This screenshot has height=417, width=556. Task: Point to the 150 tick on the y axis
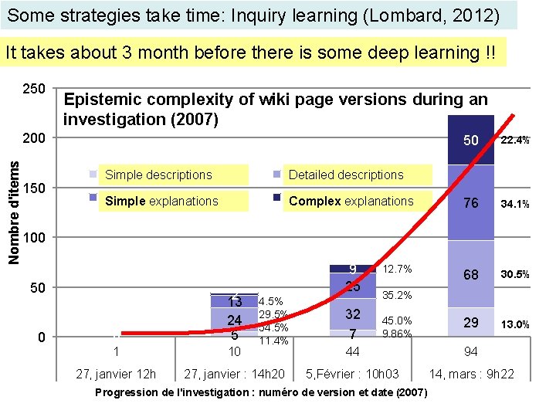34,188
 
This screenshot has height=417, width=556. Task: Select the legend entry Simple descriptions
158,175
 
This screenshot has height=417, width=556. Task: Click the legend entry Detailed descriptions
345,175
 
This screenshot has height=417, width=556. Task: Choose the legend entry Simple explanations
161,201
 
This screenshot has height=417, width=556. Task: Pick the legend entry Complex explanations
351,201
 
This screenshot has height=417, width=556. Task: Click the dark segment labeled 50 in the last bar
470,141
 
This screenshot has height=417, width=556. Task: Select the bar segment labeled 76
470,202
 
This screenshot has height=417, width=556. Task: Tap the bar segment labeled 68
470,274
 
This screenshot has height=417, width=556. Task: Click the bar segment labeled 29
470,323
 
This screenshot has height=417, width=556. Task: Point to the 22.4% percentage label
515,141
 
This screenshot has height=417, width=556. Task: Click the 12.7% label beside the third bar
398,269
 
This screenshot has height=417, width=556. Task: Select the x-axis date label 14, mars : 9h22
471,375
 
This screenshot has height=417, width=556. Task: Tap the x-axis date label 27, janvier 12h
116,375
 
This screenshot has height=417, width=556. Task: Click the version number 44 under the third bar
352,351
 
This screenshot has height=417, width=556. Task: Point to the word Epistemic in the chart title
100,100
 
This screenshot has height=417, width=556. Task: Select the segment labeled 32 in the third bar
352,314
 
